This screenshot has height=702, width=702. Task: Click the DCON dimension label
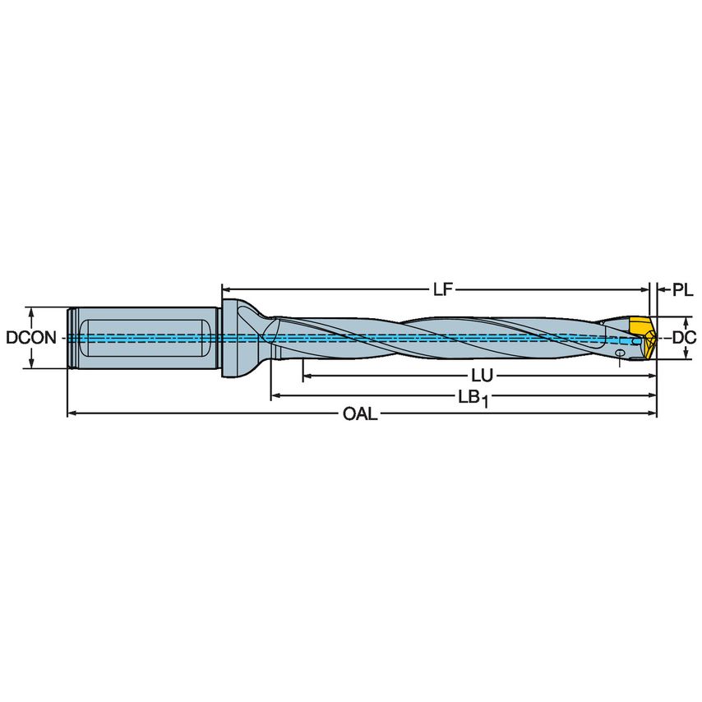30,338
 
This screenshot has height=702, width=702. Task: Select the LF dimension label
442,289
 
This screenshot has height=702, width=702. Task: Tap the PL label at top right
682,289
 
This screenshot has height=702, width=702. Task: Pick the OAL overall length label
360,414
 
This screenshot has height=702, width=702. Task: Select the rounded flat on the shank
144,338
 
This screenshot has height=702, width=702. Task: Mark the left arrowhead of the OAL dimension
72,413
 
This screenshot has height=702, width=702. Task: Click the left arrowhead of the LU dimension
307,376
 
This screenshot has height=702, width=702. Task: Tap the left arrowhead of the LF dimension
225,289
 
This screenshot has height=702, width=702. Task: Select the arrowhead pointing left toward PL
662,289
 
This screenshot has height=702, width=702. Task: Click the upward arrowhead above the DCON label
31,313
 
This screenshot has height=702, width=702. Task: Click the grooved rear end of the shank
72,338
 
